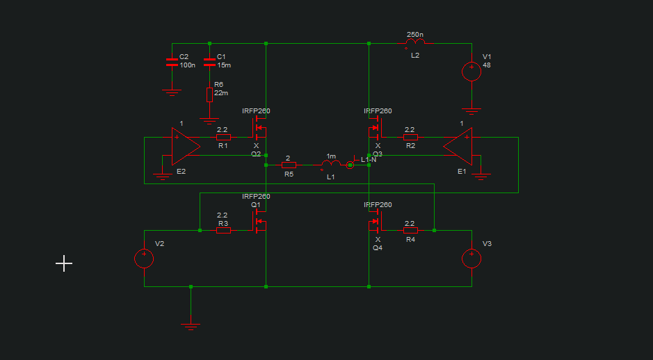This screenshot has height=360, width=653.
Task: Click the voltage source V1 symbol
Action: [x=471, y=71]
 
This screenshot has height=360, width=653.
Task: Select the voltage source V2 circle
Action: [x=144, y=259]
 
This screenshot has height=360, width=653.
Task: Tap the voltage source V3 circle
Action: [x=471, y=259]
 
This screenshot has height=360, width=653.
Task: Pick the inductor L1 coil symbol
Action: [x=331, y=165]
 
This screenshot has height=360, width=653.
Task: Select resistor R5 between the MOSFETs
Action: [x=289, y=165]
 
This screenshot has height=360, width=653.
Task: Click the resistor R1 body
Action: [x=223, y=137]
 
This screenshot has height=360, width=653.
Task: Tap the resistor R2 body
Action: [x=410, y=137]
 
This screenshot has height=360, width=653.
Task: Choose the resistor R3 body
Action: [x=223, y=230]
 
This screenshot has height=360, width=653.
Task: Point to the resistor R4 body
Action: [x=410, y=230]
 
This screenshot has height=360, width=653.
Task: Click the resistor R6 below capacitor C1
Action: [x=209, y=95]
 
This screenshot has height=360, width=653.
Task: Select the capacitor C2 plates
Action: [x=172, y=63]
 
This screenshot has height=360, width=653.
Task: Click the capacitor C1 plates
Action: [x=209, y=63]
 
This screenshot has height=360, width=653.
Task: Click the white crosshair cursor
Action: [x=64, y=263]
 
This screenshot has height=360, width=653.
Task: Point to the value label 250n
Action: [x=415, y=35]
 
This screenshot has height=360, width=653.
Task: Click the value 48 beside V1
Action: [x=487, y=65]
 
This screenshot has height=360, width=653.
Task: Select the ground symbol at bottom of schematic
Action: [x=191, y=324]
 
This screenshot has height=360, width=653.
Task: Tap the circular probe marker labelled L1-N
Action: [x=350, y=165]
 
